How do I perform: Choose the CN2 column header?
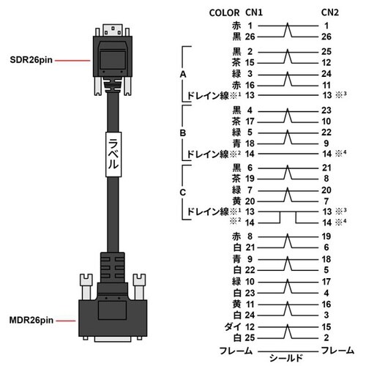click(328, 12)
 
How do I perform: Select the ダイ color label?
click(231, 326)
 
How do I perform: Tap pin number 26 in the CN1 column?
click(250, 35)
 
